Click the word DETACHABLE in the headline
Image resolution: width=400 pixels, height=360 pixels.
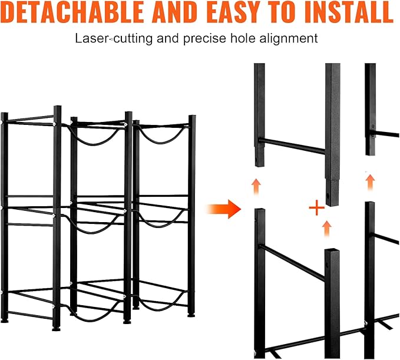[72, 12]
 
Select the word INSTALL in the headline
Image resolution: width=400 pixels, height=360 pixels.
[349, 12]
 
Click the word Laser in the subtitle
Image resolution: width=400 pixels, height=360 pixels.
[92, 38]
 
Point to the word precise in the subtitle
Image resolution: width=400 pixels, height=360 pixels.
[204, 39]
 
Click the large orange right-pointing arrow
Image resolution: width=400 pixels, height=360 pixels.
[224, 209]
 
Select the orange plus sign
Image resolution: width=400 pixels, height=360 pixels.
[316, 207]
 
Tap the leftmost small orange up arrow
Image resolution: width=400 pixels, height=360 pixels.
[256, 186]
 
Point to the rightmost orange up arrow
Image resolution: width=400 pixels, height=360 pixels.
[370, 182]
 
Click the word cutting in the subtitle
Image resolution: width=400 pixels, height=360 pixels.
[133, 39]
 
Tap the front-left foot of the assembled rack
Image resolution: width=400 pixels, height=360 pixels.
[56, 329]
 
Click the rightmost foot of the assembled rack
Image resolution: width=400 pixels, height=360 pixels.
[191, 315]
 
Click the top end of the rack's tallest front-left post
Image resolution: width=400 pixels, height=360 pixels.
[57, 106]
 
